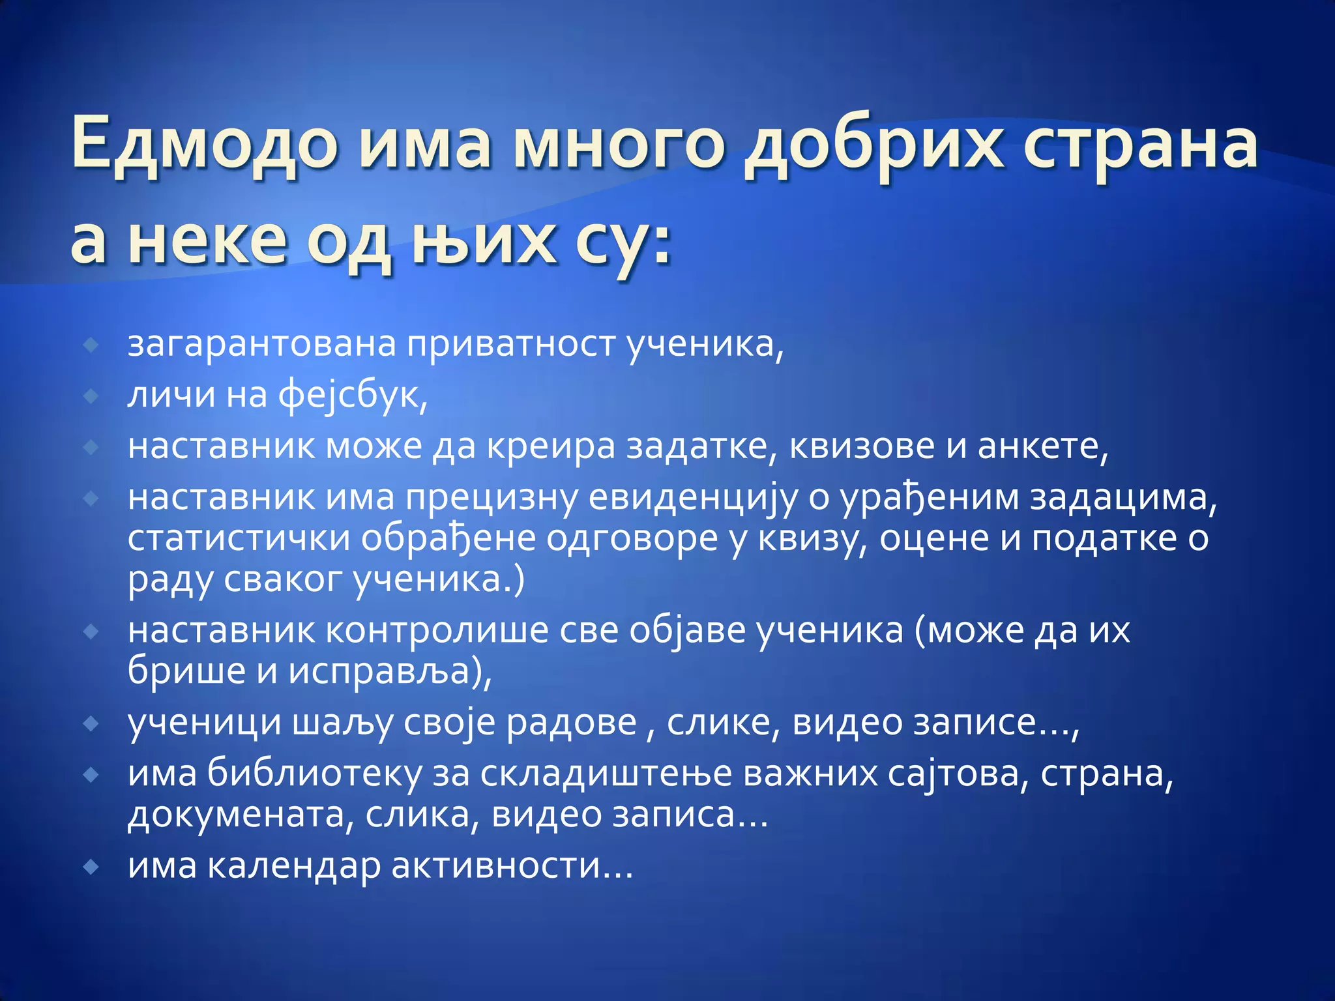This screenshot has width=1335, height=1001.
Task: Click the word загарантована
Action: [261, 343]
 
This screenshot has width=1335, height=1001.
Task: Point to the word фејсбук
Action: [353, 395]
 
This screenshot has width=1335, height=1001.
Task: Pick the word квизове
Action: [877, 446]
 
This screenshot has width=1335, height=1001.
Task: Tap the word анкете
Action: [1042, 446]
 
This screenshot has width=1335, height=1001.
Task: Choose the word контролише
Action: [436, 630]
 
